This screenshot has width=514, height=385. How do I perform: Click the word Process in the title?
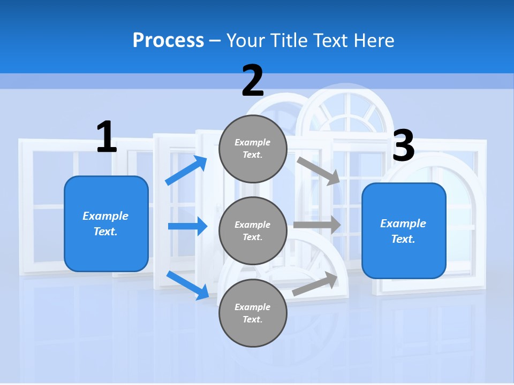168,41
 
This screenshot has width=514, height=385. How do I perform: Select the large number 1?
107,137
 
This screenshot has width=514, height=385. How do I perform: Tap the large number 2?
253,81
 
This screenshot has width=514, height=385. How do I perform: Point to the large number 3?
404,145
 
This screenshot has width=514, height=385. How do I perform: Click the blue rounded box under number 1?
106,224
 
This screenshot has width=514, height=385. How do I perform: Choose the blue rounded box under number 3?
404,231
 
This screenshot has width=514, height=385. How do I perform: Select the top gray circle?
253,149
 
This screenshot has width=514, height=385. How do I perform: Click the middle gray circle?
253,231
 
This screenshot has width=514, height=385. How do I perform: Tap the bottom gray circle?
253,313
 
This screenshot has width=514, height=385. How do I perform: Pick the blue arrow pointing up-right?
186,171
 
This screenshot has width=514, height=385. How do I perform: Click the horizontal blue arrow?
187,226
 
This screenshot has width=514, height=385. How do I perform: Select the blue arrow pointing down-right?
187,285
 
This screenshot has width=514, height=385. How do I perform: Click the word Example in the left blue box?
105,216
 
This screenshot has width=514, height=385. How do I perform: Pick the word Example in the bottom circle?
252,307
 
